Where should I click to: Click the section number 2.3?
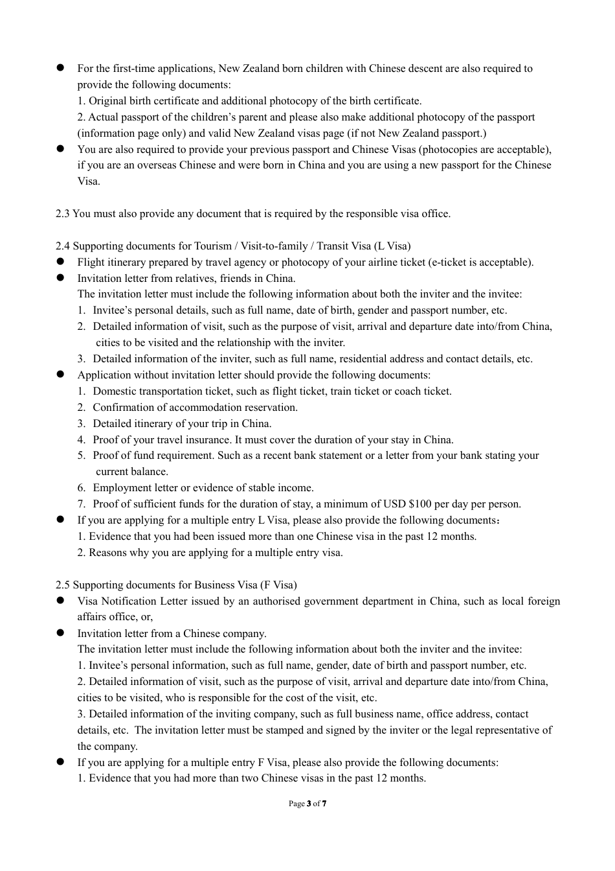click(x=63, y=214)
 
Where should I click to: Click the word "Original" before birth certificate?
click(x=107, y=101)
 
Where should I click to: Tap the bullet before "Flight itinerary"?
click(x=60, y=262)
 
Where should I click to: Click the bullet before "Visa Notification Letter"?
click(x=60, y=601)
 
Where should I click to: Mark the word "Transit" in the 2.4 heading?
click(x=334, y=246)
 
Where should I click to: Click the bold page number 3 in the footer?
click(x=309, y=804)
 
